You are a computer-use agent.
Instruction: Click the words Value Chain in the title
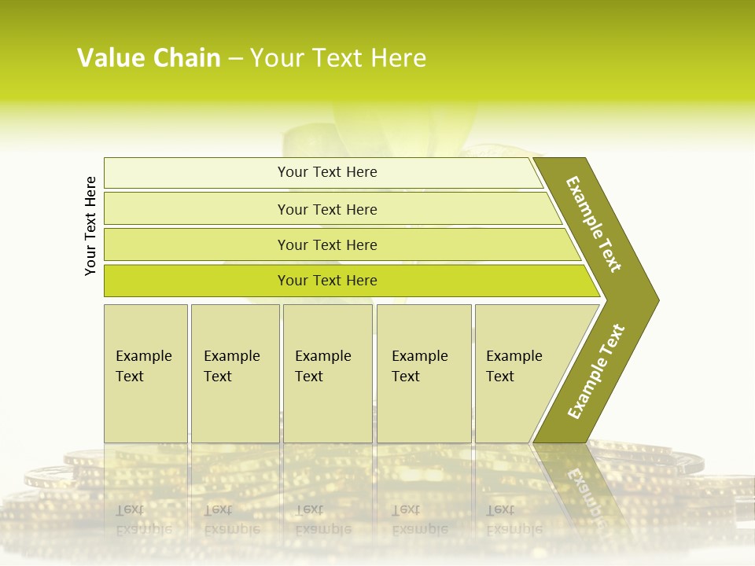(149, 58)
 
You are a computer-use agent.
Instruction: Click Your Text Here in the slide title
(338, 58)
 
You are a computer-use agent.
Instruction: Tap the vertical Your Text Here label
(90, 226)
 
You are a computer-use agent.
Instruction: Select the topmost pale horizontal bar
(197, 173)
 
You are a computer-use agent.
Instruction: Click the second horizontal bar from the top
(197, 209)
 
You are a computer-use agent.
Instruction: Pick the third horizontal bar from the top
(197, 244)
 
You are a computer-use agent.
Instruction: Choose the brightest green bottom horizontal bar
(197, 281)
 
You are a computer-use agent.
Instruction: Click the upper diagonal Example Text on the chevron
(594, 224)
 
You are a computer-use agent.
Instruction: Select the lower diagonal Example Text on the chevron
(596, 371)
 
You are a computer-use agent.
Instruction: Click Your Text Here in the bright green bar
(327, 281)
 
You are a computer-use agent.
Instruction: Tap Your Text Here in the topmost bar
(327, 172)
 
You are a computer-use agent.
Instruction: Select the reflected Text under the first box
(131, 509)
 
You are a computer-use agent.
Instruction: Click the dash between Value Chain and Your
(235, 59)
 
